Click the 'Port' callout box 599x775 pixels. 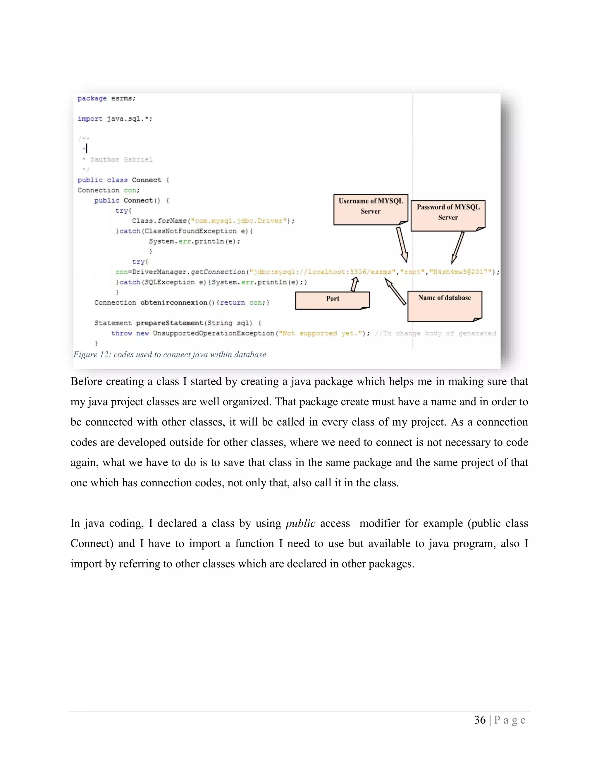pyautogui.click(x=332, y=300)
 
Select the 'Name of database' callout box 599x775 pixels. pyautogui.click(x=444, y=306)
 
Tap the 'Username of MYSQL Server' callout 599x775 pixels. pyautogui.click(x=371, y=209)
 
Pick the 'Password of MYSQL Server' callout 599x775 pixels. pyautogui.click(x=448, y=215)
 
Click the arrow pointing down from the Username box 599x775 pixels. pyautogui.click(x=402, y=244)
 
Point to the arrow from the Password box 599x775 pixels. pyautogui.click(x=457, y=248)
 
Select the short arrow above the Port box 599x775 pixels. pyautogui.click(x=354, y=284)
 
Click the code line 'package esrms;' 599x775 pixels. pyautogui.click(x=106, y=98)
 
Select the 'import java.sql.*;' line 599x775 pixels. pyautogui.click(x=115, y=119)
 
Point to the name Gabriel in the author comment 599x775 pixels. pyautogui.click(x=138, y=160)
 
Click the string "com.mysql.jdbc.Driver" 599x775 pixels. pyautogui.click(x=239, y=221)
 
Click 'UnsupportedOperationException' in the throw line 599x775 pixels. pyautogui.click(x=214, y=333)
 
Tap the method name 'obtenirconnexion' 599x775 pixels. pyautogui.click(x=174, y=303)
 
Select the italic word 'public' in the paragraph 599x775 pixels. pyautogui.click(x=300, y=523)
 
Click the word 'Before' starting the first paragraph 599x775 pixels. pyautogui.click(x=86, y=381)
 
